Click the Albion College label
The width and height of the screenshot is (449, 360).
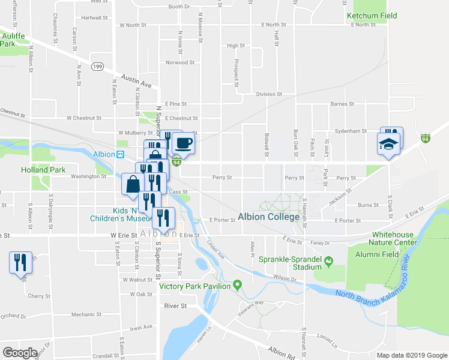[x=268, y=217]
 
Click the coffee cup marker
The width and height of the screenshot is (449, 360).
[x=184, y=143]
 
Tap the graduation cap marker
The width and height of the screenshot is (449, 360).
[x=388, y=143]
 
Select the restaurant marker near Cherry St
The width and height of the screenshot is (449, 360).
[x=20, y=262]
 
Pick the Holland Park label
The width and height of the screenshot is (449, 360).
[x=43, y=170]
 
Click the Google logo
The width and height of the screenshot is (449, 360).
[x=20, y=353]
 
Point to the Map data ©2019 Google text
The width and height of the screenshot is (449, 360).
[x=411, y=355]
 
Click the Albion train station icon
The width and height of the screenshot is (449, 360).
[x=120, y=154]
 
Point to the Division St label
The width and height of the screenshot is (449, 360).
[x=268, y=94]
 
